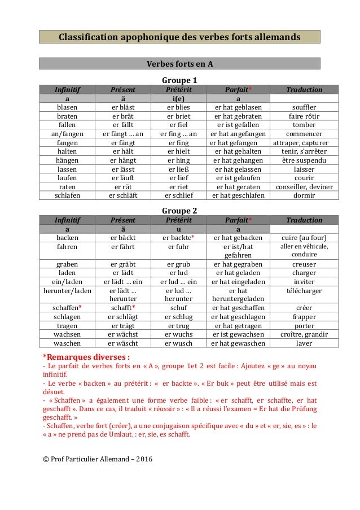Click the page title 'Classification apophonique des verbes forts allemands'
[179, 37]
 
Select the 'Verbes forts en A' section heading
[179, 63]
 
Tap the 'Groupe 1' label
[179, 80]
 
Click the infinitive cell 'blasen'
[67, 107]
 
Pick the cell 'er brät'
[124, 116]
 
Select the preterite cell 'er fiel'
[179, 125]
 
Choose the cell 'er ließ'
[179, 169]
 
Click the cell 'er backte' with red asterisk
[179, 238]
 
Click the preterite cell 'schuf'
[179, 308]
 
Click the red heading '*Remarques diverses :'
[86, 356]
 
